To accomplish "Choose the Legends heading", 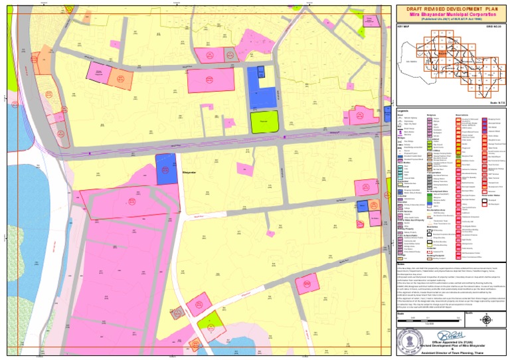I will point(402,110).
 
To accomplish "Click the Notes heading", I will point(400,263).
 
